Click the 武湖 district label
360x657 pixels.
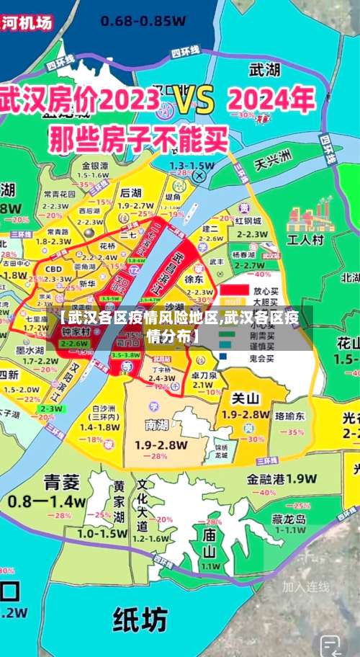(x=264, y=70)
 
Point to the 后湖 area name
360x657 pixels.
(x=130, y=193)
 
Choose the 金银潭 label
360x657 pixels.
(x=94, y=165)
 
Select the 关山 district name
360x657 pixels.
(x=245, y=398)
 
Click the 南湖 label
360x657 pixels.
(x=156, y=424)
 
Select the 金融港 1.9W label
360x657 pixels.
(x=282, y=478)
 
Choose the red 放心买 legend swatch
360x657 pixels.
(x=230, y=290)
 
